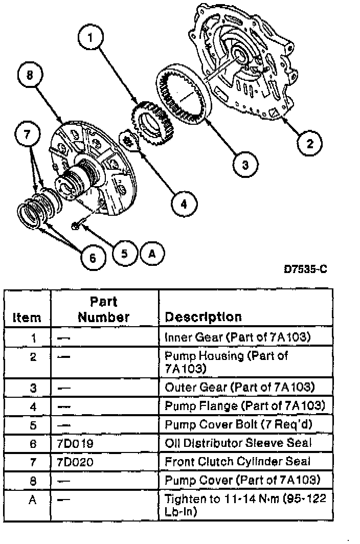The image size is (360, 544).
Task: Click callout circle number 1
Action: (x=90, y=37)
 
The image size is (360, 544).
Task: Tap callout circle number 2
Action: (x=309, y=143)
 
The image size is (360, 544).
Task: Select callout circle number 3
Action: (x=245, y=164)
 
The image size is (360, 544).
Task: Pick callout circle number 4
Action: (x=183, y=203)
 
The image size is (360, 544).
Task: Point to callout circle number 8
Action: (x=29, y=75)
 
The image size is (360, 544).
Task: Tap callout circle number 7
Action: (x=28, y=134)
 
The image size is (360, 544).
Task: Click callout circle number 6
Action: (x=93, y=258)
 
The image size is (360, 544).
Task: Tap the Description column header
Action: (x=202, y=316)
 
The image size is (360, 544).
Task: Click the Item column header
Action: (x=27, y=318)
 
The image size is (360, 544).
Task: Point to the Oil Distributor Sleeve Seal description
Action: (x=238, y=443)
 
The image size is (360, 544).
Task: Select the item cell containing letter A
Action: (x=32, y=498)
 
